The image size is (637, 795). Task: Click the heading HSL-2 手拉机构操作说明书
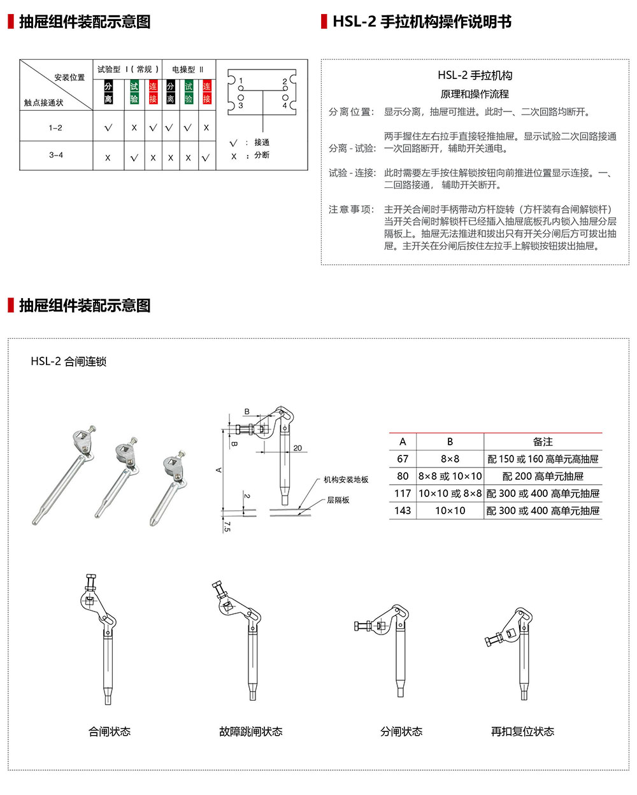click(422, 22)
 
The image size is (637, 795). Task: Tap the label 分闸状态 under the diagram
click(401, 731)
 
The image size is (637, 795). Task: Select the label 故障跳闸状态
click(251, 731)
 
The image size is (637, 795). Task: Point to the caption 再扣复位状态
click(522, 731)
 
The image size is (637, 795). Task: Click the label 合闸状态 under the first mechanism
click(110, 731)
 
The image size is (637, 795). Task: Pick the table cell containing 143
click(403, 510)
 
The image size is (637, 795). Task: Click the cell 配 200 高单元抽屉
click(543, 476)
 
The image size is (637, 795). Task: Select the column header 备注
click(543, 441)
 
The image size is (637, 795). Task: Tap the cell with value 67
click(403, 459)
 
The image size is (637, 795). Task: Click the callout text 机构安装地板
click(346, 480)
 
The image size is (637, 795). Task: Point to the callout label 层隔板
click(338, 500)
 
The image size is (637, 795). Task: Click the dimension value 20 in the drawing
click(297, 448)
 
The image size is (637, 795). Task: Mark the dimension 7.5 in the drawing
click(227, 526)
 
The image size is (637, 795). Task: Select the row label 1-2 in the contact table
click(55, 127)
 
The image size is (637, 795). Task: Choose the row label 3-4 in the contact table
click(56, 155)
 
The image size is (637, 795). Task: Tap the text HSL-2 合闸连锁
click(69, 361)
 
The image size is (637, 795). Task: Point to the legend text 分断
click(261, 155)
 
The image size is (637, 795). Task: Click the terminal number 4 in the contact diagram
click(285, 105)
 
